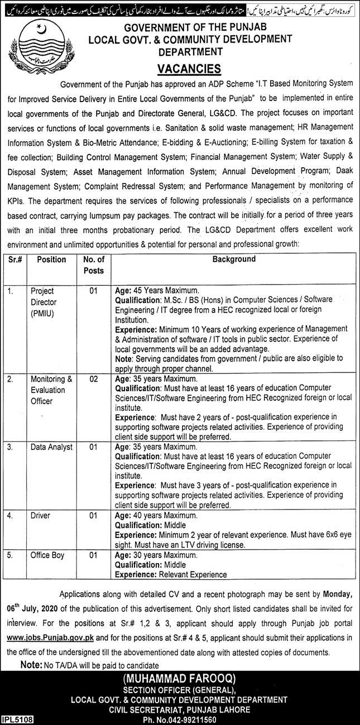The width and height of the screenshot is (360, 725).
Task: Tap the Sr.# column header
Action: (16, 260)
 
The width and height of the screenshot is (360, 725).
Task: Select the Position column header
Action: (51, 260)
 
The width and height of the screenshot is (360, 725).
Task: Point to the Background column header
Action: (234, 260)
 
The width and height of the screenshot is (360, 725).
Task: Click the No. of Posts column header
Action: (94, 265)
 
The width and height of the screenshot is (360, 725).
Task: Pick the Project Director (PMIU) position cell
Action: (44, 302)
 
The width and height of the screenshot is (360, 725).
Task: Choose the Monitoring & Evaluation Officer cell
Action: (51, 390)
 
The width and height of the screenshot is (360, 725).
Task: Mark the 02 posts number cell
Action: (94, 379)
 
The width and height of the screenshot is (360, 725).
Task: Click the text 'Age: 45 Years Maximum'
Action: (157, 291)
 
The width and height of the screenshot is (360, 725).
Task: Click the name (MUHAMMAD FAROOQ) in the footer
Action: (180, 678)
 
